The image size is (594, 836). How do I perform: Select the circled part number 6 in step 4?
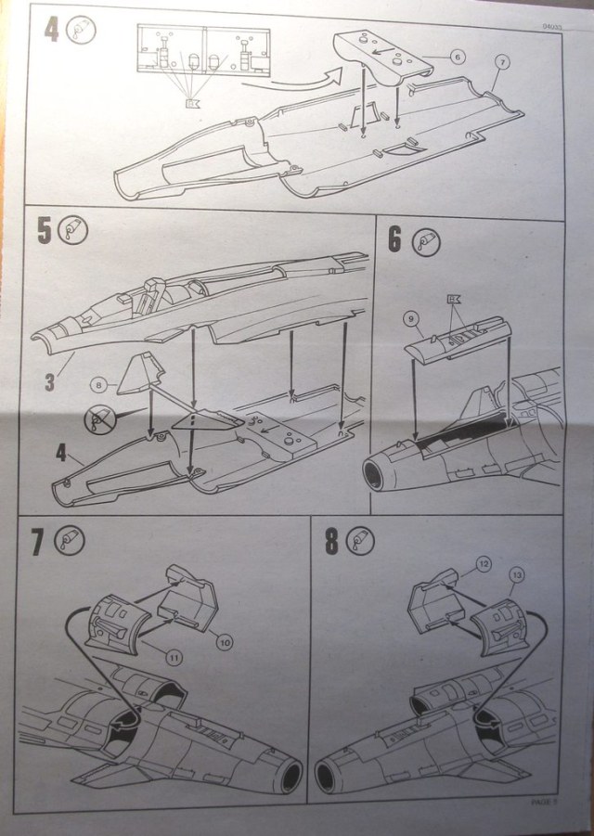point(457,57)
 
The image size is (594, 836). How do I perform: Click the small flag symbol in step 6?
point(454,299)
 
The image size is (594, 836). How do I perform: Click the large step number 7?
point(38,541)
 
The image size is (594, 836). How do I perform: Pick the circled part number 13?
point(517,575)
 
